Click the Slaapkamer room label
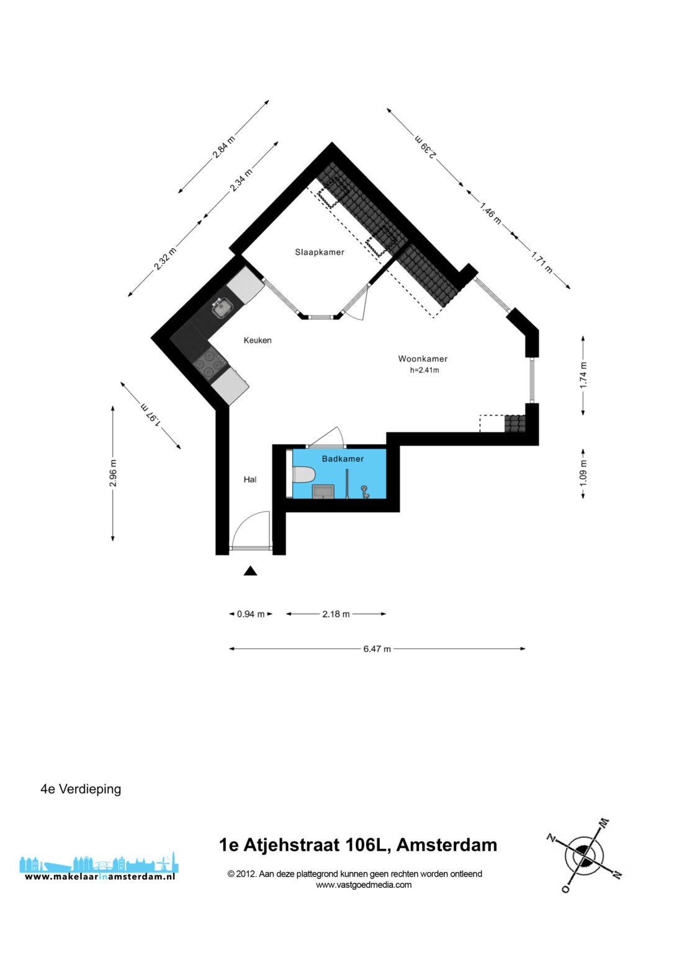pyautogui.click(x=320, y=253)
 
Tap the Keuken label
pyautogui.click(x=258, y=341)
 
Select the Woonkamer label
pyautogui.click(x=423, y=359)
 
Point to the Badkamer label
pyautogui.click(x=343, y=459)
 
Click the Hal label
pyautogui.click(x=249, y=480)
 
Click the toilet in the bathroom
pyautogui.click(x=303, y=475)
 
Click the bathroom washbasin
pyautogui.click(x=323, y=491)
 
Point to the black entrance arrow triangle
pyautogui.click(x=250, y=571)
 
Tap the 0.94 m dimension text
pyautogui.click(x=251, y=614)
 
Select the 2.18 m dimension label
pyautogui.click(x=336, y=614)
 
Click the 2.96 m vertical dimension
pyautogui.click(x=113, y=473)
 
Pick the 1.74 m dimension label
pyautogui.click(x=583, y=375)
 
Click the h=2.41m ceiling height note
pyautogui.click(x=425, y=370)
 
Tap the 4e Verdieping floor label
pyautogui.click(x=81, y=789)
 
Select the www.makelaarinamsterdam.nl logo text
pyautogui.click(x=100, y=877)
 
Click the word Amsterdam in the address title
pyautogui.click(x=447, y=845)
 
